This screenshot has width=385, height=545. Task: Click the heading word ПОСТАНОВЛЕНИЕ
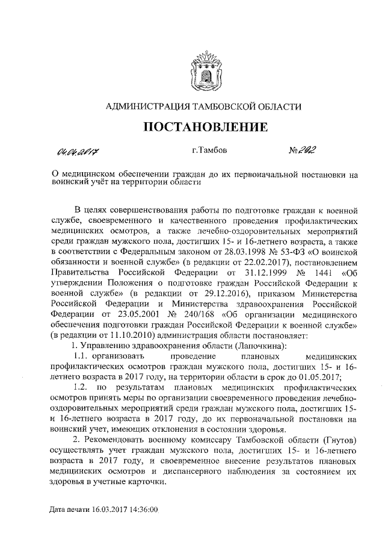[x=205, y=127]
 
